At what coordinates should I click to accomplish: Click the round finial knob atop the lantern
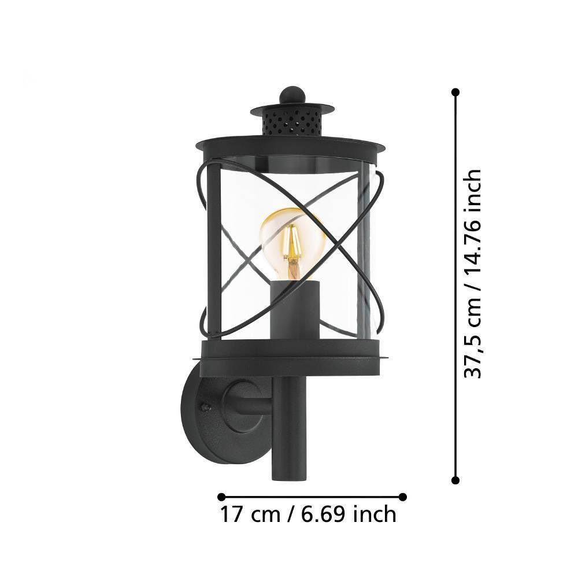tap(292, 95)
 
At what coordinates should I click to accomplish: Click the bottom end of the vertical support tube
tap(288, 479)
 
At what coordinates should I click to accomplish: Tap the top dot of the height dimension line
tap(455, 92)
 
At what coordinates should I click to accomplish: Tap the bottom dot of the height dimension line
tap(455, 480)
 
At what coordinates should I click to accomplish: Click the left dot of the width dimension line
tap(221, 497)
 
